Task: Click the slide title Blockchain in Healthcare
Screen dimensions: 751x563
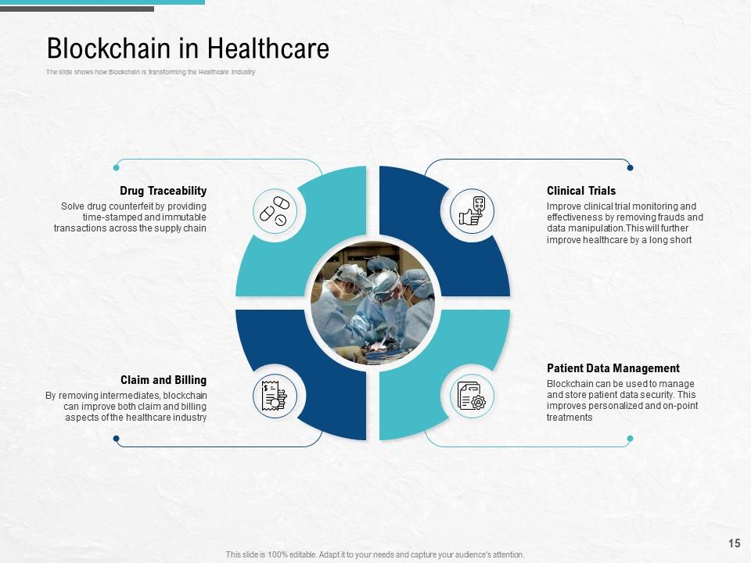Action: pos(188,48)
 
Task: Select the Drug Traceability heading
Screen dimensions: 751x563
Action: pos(163,191)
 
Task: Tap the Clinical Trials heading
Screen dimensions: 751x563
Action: pos(581,191)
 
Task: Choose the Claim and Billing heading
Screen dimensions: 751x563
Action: pos(163,380)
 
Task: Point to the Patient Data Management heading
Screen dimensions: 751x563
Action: pos(613,368)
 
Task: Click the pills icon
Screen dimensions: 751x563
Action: pos(275,211)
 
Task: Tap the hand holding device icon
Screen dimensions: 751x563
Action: pos(472,211)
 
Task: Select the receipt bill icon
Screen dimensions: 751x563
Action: pos(275,396)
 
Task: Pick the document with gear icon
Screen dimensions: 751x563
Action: pos(472,396)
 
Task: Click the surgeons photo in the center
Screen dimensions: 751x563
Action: pos(372,303)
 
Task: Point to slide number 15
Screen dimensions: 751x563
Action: pos(735,543)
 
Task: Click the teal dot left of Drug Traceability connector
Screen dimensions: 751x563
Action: pos(116,167)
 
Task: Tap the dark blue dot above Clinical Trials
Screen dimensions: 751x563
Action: pos(630,167)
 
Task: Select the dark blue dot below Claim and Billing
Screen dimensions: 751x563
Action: pos(116,439)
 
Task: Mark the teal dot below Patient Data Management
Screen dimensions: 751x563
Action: pos(630,439)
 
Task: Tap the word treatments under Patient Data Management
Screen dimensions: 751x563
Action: pos(570,418)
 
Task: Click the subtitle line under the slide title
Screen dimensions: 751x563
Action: pos(150,72)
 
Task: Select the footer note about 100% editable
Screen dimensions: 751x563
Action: pos(375,554)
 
